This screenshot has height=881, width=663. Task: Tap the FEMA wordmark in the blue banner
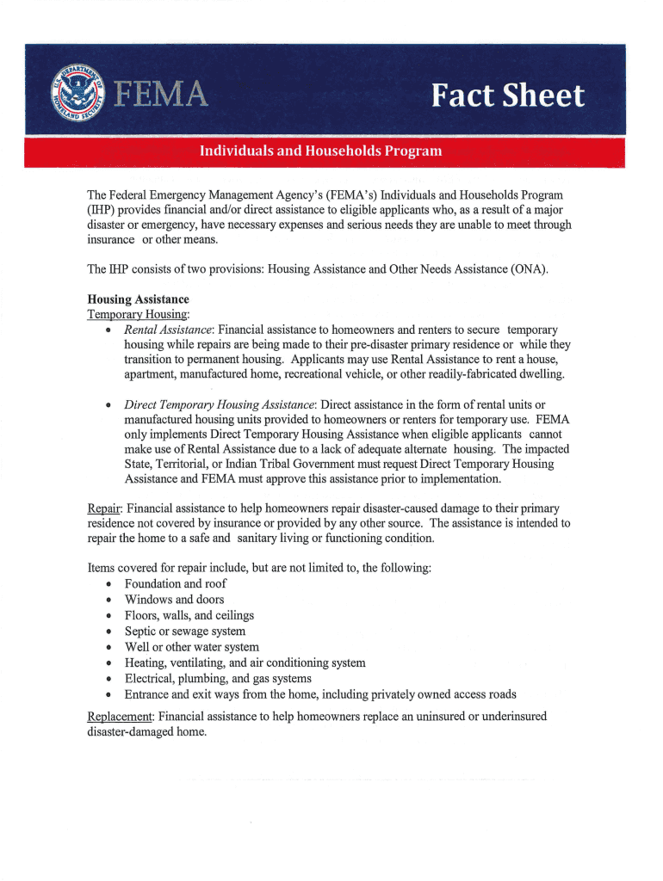pos(164,94)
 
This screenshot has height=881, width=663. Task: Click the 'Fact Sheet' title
pos(509,95)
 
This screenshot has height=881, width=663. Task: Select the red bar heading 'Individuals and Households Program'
pos(321,151)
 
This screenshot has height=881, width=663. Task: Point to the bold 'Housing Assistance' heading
pos(139,299)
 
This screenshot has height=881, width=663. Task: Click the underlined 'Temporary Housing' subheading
pos(138,315)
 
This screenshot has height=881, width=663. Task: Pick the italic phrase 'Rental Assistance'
pos(169,330)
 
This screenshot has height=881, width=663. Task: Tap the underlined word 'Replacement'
pos(120,716)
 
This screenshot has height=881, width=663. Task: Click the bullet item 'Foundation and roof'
pos(176,583)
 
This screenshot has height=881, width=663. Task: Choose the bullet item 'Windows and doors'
pos(174,600)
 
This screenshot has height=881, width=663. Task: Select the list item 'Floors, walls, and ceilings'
pos(189,615)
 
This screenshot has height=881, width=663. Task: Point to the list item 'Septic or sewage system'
pos(185,631)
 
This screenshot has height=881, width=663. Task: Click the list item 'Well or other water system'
pos(192,647)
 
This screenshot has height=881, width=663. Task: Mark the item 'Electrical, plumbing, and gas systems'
pos(218,678)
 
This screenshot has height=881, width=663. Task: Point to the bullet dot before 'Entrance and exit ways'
pos(106,695)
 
